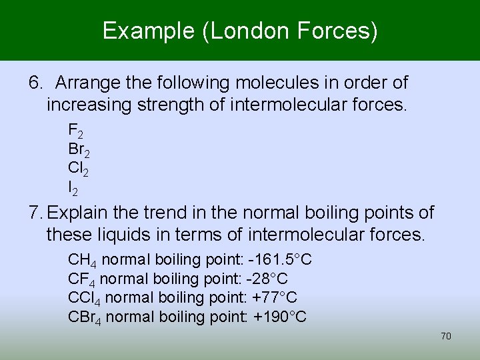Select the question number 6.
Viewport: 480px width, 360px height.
(x=35, y=83)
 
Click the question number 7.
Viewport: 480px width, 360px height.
(x=35, y=213)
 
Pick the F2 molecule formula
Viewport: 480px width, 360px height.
(x=75, y=130)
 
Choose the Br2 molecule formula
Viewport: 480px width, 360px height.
(x=79, y=150)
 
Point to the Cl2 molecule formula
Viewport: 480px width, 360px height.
(x=77, y=169)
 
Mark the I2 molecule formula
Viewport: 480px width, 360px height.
(x=73, y=189)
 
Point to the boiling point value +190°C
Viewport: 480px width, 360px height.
(x=280, y=317)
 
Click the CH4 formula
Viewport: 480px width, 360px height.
(x=83, y=259)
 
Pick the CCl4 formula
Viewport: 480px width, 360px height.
(x=85, y=297)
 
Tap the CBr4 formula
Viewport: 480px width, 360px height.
(x=85, y=317)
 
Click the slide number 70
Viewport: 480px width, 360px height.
(x=446, y=336)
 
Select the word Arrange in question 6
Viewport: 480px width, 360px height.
(x=84, y=83)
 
